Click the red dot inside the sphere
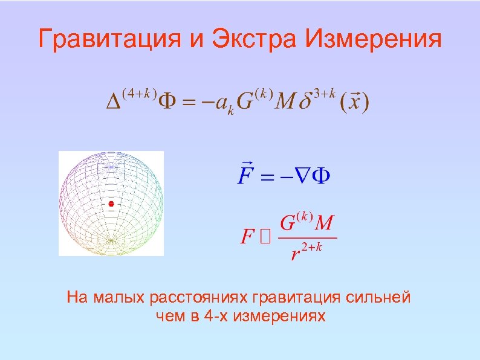pyautogui.click(x=111, y=204)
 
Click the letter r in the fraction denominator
pyautogui.click(x=296, y=254)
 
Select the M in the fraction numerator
pyautogui.click(x=323, y=223)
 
